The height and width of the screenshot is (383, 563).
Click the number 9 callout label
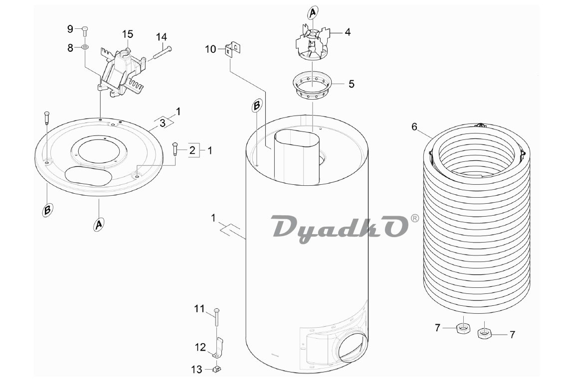[x=70, y=29]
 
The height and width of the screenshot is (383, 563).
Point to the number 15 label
[x=128, y=34]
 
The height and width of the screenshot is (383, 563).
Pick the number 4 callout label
[x=348, y=32]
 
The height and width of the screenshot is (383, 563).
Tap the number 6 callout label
[x=414, y=127]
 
